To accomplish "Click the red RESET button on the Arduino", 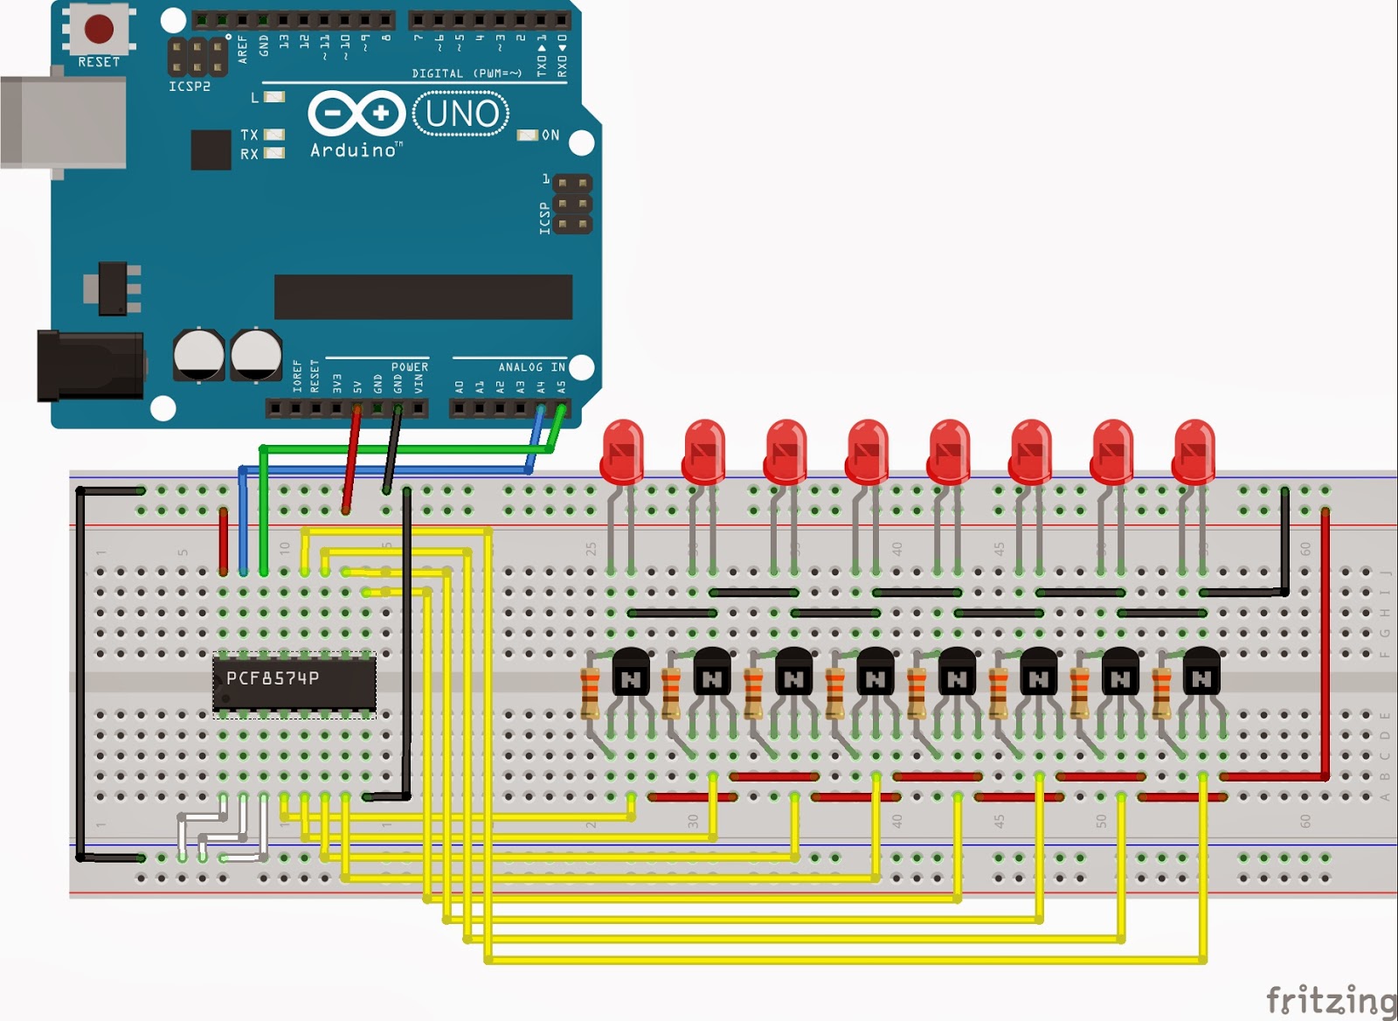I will [98, 29].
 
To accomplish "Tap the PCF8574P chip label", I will [273, 678].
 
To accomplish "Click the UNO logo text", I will [461, 114].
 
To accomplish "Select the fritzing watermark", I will [1331, 999].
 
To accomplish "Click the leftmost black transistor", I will [631, 671].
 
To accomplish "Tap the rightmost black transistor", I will [1201, 671].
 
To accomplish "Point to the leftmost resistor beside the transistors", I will [591, 692].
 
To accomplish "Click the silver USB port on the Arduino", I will [61, 122].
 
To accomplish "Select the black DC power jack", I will [87, 365].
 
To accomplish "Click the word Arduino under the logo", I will [353, 150].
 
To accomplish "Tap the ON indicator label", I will [550, 135].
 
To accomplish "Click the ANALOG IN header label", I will [531, 367].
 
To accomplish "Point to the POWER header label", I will [409, 367].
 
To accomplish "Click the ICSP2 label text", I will [190, 87].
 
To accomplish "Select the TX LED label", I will [250, 135].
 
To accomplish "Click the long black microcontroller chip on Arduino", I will [423, 297].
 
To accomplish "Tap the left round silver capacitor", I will [199, 354].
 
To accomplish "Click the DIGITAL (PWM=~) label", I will [467, 73].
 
